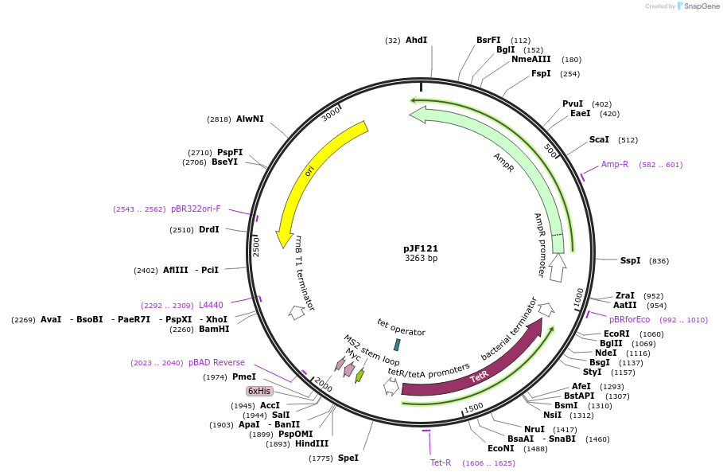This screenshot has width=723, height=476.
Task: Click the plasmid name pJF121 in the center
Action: coord(421,248)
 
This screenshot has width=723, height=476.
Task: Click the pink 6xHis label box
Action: coord(259,391)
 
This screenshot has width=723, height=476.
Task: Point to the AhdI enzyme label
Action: coord(416,40)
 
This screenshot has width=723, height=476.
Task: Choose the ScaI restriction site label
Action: coord(599,139)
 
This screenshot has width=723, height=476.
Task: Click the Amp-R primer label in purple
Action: coord(615,164)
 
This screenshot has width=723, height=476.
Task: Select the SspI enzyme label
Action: coord(630,260)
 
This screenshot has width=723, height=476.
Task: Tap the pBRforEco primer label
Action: coord(629,319)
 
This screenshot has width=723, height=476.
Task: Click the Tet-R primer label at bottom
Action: coord(441,462)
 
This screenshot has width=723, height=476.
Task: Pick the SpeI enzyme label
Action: coord(348,458)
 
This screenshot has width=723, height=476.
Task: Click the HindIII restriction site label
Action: coord(313,443)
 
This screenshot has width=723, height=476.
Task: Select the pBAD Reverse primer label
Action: coord(216,362)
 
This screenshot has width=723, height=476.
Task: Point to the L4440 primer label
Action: coord(211,305)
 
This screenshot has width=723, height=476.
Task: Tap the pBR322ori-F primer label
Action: coord(196,209)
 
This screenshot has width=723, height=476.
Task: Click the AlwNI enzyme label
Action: coord(250,119)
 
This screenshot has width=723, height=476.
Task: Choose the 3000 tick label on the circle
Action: coord(331,115)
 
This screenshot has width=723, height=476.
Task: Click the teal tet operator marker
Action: coord(397,345)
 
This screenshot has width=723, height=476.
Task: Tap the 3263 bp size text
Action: coord(421,259)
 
